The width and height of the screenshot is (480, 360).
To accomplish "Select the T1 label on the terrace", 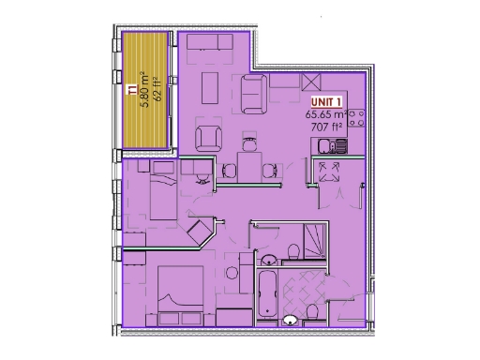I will (x=130, y=89).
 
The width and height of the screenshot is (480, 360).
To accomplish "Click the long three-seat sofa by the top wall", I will (x=212, y=43).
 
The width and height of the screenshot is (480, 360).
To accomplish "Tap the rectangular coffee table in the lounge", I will (x=213, y=85).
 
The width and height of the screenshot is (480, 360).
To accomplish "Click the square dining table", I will (x=248, y=168).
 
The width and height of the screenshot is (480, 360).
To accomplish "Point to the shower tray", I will (x=315, y=242).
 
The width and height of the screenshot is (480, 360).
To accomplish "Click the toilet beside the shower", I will (x=294, y=250).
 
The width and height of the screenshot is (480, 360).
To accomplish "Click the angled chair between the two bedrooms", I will (x=200, y=231).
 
